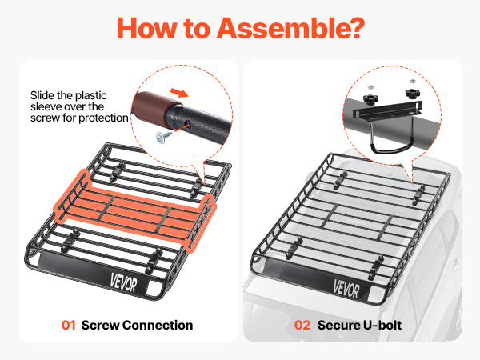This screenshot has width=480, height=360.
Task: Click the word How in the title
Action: (x=146, y=28)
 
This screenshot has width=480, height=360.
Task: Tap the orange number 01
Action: (x=69, y=325)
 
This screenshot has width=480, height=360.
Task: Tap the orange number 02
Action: (x=302, y=325)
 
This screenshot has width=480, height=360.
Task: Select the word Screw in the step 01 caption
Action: (x=100, y=325)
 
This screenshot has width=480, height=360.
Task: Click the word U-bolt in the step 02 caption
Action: (x=382, y=325)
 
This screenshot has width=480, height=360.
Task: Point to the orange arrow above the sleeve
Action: (x=179, y=92)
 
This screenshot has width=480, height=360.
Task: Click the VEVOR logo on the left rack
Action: (x=123, y=283)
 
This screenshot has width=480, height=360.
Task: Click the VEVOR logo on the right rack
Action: (x=346, y=289)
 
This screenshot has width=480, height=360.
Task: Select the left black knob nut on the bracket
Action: (x=370, y=99)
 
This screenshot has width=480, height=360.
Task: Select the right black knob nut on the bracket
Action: (x=413, y=94)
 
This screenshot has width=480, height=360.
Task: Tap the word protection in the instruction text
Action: (x=103, y=118)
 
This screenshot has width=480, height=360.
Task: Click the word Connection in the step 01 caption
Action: (x=158, y=325)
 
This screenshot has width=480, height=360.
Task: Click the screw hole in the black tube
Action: (x=187, y=125)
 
